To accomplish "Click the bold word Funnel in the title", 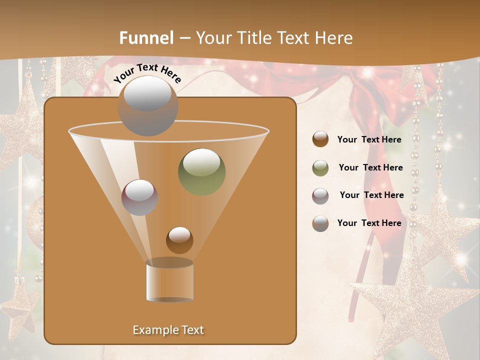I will [x=146, y=38].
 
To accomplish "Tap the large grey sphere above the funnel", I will [x=148, y=105].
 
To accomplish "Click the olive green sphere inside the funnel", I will [x=201, y=171].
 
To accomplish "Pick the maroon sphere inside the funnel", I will [x=139, y=197].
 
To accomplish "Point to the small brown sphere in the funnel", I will [x=179, y=240].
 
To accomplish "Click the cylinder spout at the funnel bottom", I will [x=169, y=280].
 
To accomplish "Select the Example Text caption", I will [x=168, y=330].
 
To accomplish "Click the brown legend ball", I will [x=320, y=139].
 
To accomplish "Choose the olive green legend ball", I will [x=320, y=168].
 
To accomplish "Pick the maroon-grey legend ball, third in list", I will [x=320, y=195].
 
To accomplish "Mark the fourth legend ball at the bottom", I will [x=320, y=223].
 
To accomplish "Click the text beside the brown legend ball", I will [x=369, y=139].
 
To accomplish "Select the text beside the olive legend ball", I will [x=370, y=167].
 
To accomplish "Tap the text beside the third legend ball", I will [x=371, y=195].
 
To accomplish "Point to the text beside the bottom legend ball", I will [x=369, y=223].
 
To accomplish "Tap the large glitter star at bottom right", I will [x=410, y=305].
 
